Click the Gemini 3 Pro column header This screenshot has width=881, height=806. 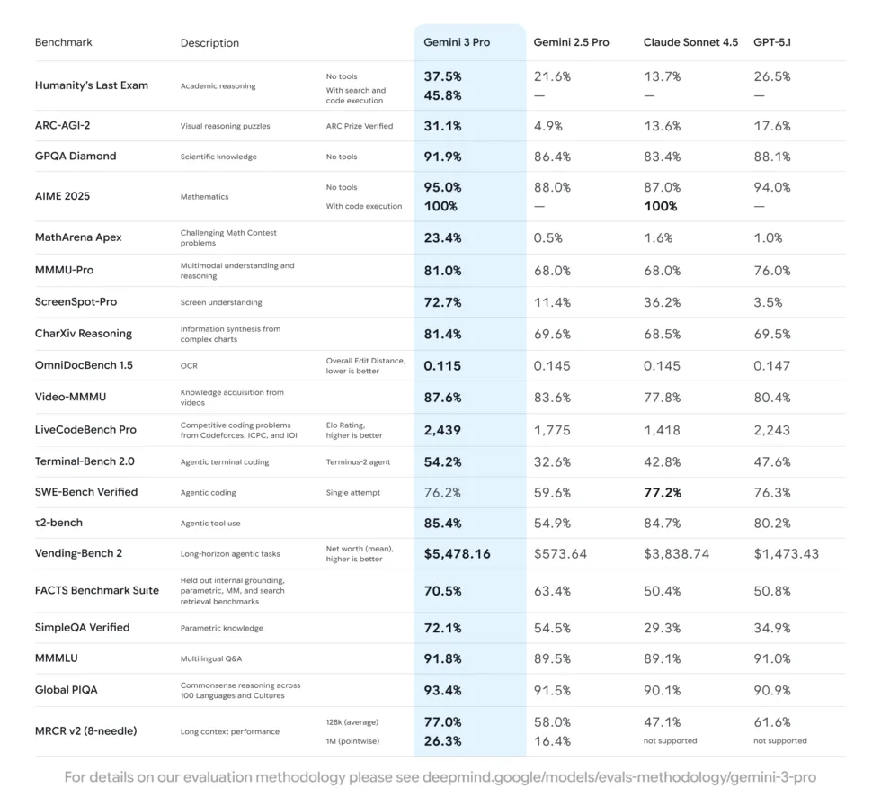point(457,42)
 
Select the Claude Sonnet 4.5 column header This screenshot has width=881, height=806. point(690,42)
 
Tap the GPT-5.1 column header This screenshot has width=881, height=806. point(772,42)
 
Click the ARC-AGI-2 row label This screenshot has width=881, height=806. point(63,126)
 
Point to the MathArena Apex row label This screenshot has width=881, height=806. point(78,237)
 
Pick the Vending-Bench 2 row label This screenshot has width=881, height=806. point(79,553)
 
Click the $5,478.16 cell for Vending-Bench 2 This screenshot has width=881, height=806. point(457,553)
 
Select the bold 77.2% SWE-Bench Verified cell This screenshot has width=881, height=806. point(663,492)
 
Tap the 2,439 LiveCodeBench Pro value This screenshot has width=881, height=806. point(443,430)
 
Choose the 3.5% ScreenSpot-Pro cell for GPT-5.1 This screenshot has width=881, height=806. point(769,302)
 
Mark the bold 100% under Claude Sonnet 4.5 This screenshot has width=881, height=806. point(660,206)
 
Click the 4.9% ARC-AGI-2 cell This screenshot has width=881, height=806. point(549,126)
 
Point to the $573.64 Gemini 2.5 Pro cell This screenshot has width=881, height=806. point(560,553)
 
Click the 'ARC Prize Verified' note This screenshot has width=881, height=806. point(360,126)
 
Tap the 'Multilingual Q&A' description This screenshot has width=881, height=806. point(213,659)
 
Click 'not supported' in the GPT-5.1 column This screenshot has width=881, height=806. point(779,741)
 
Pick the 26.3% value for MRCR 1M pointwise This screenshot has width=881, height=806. point(442,741)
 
